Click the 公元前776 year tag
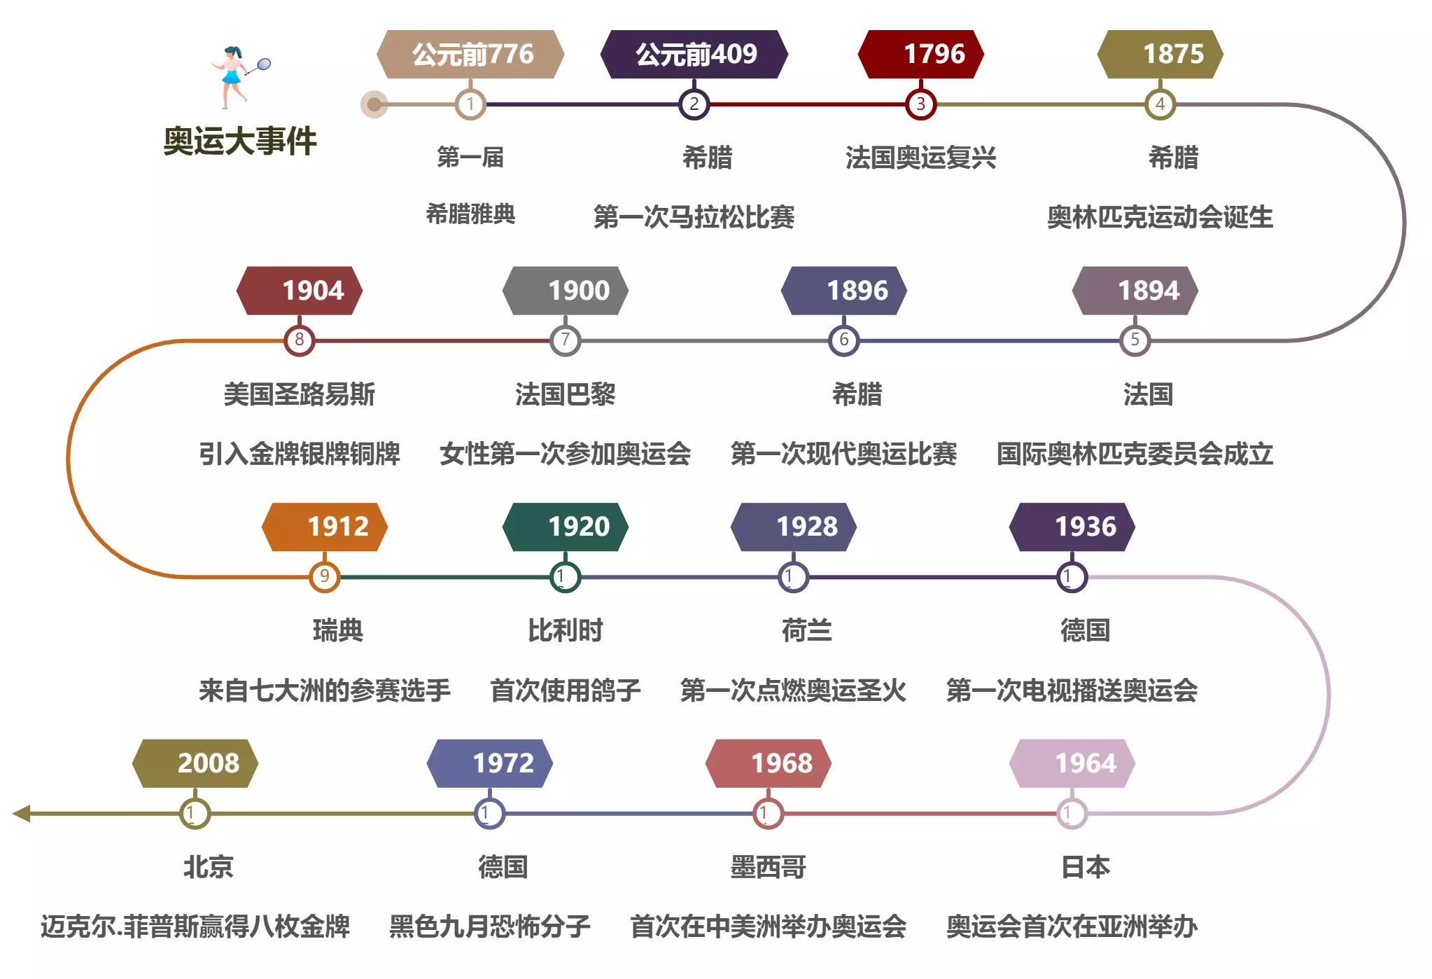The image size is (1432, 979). pos(470,54)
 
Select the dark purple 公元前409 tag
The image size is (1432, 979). pos(694,54)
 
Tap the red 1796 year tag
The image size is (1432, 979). pos(921,54)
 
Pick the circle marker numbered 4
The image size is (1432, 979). pos(1160,105)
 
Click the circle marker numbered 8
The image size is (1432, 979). pos(299,341)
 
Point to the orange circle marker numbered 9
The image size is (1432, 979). pos(324,577)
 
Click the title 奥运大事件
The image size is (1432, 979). pos(239,141)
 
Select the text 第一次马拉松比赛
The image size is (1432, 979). pos(694,217)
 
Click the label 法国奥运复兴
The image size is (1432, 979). pos(920,158)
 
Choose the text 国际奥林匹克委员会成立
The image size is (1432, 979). pos(1135,454)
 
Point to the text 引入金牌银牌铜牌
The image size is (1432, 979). pos(299,454)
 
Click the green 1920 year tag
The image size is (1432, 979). pos(566,527)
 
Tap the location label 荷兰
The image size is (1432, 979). pos(806,631)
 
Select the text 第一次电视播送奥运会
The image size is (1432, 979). pos(1072,691)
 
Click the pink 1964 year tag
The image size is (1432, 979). pos(1072,763)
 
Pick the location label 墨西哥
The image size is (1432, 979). pos(768,868)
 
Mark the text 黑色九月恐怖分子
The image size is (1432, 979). pos(489,927)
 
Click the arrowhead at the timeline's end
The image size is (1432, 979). pos(22,814)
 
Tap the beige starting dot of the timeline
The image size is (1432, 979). pos(374,105)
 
